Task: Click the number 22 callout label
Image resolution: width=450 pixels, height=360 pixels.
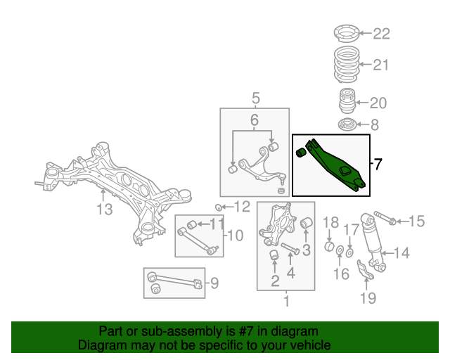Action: (380, 34)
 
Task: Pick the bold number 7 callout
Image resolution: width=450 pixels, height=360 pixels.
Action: (378, 165)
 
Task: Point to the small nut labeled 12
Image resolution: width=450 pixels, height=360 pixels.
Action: (219, 207)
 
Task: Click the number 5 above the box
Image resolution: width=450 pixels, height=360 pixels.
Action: (255, 98)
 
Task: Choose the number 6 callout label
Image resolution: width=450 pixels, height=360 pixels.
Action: (254, 120)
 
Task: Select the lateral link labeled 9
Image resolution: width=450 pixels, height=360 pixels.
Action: (174, 284)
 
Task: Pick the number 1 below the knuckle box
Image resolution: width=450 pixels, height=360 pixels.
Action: (286, 302)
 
